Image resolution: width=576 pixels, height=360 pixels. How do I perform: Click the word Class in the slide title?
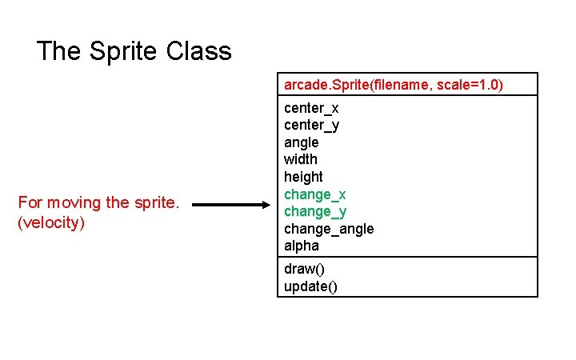point(199,52)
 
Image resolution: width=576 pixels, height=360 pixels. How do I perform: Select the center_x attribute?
point(311,108)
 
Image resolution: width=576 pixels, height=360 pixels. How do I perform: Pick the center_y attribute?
point(311,125)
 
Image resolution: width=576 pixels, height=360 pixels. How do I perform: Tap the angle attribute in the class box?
point(301,142)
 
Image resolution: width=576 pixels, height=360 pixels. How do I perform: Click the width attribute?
point(300,159)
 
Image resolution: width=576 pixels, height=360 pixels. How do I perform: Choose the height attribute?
point(303,177)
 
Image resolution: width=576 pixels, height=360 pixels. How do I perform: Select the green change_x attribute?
point(314,194)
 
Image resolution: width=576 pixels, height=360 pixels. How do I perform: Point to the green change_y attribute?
point(314,211)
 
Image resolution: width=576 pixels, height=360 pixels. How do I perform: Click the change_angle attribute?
point(328,229)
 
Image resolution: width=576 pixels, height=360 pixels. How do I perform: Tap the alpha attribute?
point(301,246)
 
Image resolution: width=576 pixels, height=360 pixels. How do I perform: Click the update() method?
point(310,286)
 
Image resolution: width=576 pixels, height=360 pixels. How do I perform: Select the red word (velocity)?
point(50,222)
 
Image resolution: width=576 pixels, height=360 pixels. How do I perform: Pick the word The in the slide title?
point(58,52)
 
